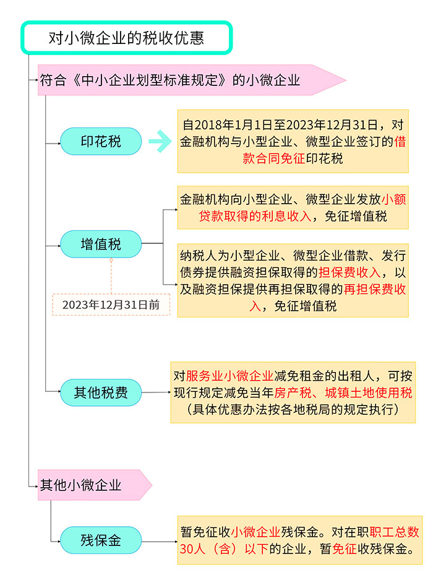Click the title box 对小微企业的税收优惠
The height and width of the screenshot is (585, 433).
pyautogui.click(x=126, y=38)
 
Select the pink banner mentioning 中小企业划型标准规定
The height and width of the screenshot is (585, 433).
pyautogui.click(x=192, y=80)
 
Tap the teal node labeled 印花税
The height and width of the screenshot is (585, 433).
pyautogui.click(x=101, y=141)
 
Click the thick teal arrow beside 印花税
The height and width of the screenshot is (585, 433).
pyautogui.click(x=160, y=141)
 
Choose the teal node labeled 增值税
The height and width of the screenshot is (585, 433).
pyautogui.click(x=101, y=245)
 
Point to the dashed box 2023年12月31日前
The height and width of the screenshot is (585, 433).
pyautogui.click(x=111, y=305)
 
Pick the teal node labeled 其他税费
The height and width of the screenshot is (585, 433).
pyautogui.click(x=101, y=392)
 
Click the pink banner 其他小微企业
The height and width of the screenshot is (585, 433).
pyautogui.click(x=95, y=485)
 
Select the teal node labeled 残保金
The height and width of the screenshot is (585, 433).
pyautogui.click(x=101, y=540)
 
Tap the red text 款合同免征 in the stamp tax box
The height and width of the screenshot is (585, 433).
pyautogui.click(x=274, y=158)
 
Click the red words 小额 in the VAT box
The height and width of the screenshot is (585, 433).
pyautogui.click(x=394, y=199)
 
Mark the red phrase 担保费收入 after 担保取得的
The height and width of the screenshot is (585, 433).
pyautogui.click(x=350, y=272)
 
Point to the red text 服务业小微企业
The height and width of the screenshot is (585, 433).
pyautogui.click(x=229, y=376)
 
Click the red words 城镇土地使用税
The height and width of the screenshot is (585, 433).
pyautogui.click(x=369, y=392)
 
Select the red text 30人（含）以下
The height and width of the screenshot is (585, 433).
pyautogui.click(x=224, y=549)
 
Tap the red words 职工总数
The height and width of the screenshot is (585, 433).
pyautogui.click(x=394, y=532)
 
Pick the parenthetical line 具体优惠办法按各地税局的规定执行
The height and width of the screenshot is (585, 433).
pyautogui.click(x=293, y=409)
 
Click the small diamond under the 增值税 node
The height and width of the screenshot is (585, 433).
pyautogui.click(x=111, y=260)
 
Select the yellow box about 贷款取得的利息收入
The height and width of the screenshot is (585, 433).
pyautogui.click(x=293, y=207)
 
